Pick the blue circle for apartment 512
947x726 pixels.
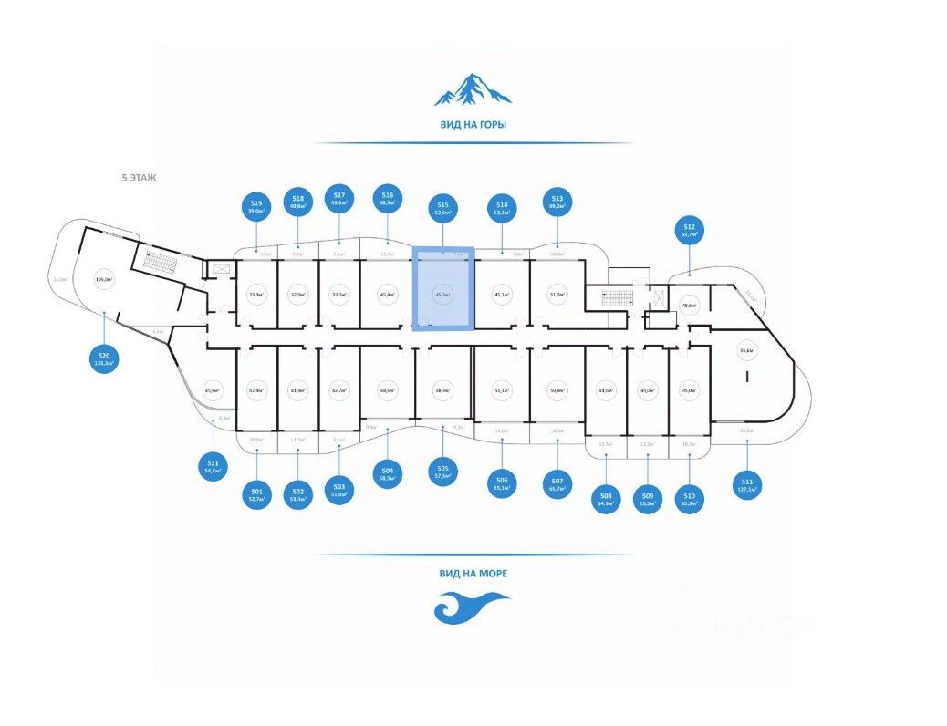click(x=690, y=230)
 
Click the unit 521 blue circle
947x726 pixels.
click(x=213, y=466)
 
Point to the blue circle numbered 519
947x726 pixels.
click(x=256, y=206)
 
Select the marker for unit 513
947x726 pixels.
click(x=557, y=202)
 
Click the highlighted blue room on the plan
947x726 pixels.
click(x=442, y=289)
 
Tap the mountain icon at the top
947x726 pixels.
click(x=472, y=88)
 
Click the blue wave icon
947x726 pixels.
click(x=471, y=607)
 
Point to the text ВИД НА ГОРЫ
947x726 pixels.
click(x=473, y=125)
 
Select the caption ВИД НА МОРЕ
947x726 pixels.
click(x=473, y=574)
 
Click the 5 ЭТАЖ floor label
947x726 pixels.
click(x=139, y=179)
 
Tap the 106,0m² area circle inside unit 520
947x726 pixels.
click(x=103, y=281)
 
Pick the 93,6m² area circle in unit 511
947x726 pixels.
click(x=746, y=350)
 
